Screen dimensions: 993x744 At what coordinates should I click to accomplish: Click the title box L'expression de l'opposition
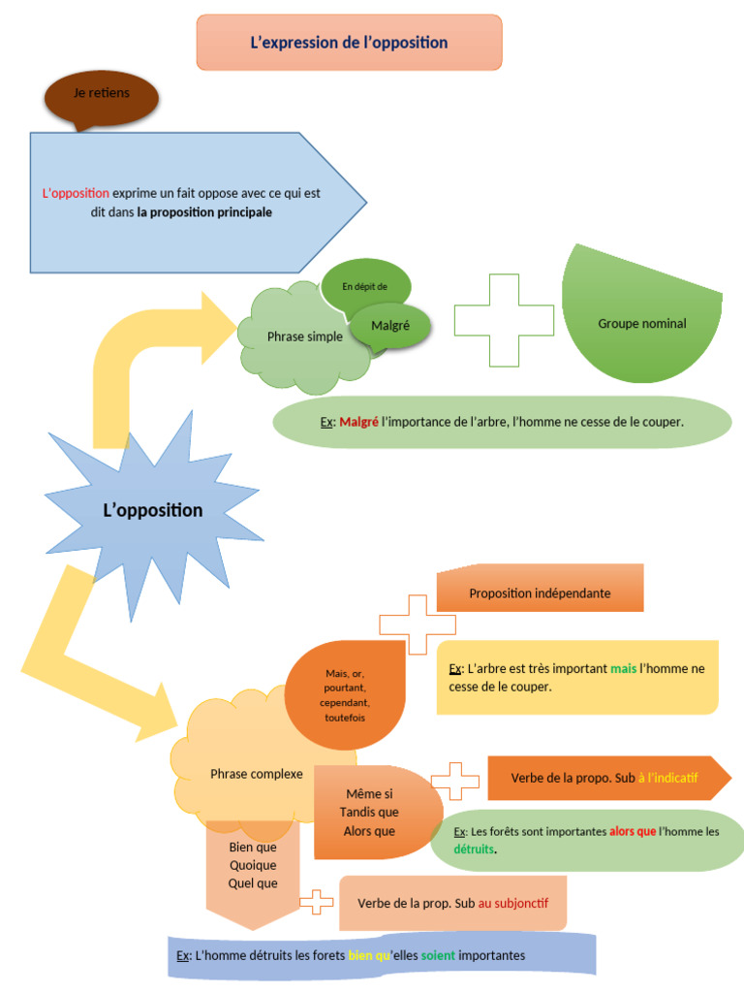click(x=349, y=43)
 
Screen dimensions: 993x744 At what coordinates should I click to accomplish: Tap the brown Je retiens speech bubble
click(x=101, y=95)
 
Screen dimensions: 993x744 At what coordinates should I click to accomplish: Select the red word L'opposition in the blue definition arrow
click(x=76, y=193)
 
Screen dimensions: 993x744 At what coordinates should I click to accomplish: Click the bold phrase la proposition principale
click(x=204, y=211)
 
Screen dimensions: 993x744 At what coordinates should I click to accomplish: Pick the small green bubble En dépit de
click(x=365, y=286)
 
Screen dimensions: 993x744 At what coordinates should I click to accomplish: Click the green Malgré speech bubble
click(x=390, y=326)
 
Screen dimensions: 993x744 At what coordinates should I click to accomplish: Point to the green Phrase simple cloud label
click(x=304, y=337)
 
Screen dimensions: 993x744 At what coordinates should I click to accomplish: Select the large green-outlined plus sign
click(x=504, y=320)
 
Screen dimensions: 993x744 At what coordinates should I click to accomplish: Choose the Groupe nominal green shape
click(x=641, y=324)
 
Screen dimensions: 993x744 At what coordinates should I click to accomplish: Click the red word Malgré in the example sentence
click(x=358, y=422)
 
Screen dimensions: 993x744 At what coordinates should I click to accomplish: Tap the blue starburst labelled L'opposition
click(x=153, y=510)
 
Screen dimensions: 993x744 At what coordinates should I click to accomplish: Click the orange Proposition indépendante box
click(x=540, y=593)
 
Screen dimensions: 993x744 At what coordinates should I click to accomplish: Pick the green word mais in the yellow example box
click(x=623, y=669)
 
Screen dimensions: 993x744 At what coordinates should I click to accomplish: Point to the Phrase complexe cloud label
click(x=256, y=774)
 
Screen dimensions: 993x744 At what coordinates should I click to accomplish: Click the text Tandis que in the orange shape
click(x=369, y=813)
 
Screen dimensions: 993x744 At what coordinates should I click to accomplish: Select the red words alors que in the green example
click(x=633, y=832)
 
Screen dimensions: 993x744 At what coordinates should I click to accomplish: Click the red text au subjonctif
click(x=512, y=903)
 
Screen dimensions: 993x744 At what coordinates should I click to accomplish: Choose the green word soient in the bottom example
click(x=437, y=955)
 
